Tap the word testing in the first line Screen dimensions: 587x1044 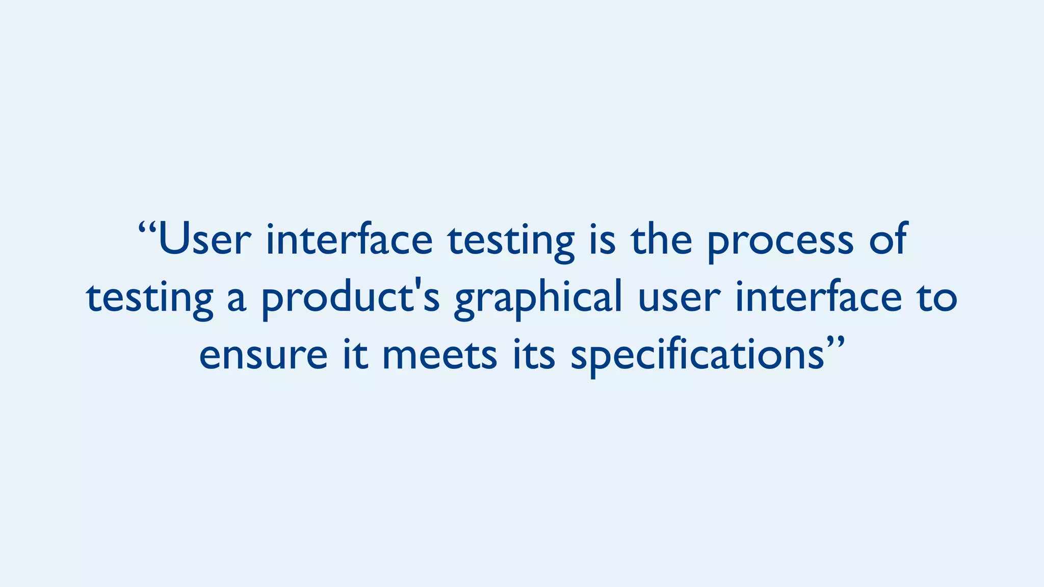(x=511, y=242)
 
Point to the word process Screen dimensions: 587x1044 (x=780, y=242)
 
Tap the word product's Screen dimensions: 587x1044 (x=350, y=299)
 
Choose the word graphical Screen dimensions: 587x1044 (x=538, y=299)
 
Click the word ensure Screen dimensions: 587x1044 (x=263, y=355)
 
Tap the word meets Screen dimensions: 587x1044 (x=439, y=355)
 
